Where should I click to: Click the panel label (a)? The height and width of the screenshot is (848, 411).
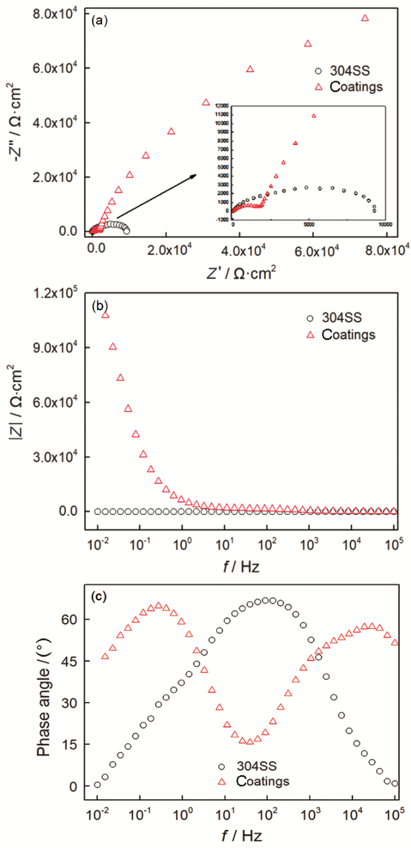pos(98,21)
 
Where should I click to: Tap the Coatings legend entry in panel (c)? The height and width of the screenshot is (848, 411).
pos(253,781)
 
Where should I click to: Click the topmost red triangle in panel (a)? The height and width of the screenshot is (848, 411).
pos(365,18)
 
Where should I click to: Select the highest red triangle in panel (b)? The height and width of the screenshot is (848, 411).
pos(106,315)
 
